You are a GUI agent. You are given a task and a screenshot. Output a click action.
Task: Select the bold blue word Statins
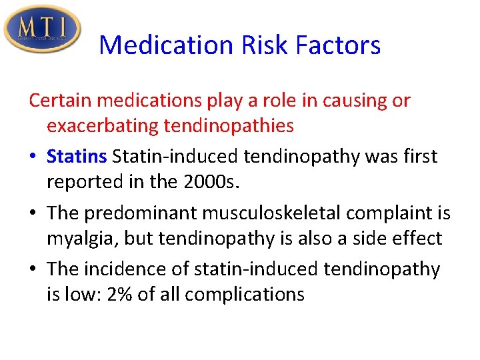(x=77, y=157)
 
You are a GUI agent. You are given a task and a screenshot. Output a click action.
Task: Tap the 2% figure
(x=119, y=294)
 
